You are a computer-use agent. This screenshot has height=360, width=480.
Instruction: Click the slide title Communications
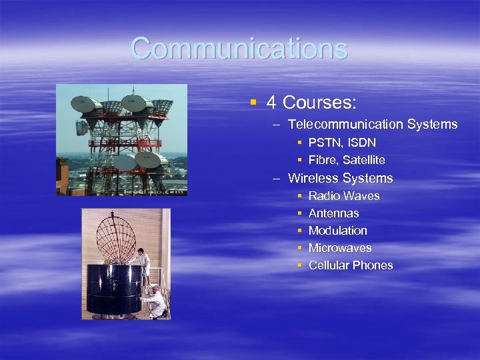[x=239, y=49]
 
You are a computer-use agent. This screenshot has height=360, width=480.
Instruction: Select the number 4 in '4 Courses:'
[x=271, y=103]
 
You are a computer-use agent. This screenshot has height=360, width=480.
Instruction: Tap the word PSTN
[x=323, y=143]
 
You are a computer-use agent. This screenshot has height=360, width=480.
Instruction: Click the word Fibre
[x=323, y=160]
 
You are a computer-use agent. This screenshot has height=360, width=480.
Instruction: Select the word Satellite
[x=364, y=160]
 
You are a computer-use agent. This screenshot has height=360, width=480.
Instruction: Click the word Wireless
[x=313, y=178]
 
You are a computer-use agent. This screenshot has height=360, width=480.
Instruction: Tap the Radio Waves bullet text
[x=344, y=196]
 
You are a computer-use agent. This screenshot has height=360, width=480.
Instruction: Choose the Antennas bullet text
[x=333, y=213]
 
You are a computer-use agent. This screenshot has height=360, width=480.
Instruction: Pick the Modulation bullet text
[x=337, y=231]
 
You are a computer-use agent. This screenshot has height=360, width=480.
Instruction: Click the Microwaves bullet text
[x=340, y=248]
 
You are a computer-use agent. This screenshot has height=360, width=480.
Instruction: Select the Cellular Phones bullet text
[x=351, y=265]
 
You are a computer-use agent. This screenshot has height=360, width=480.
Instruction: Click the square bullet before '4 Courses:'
[x=253, y=103]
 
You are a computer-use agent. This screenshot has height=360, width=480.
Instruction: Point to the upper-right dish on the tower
[x=137, y=102]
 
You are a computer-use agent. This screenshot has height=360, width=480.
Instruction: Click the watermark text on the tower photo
[x=160, y=191]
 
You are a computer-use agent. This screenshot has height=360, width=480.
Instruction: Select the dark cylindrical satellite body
[x=113, y=289]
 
